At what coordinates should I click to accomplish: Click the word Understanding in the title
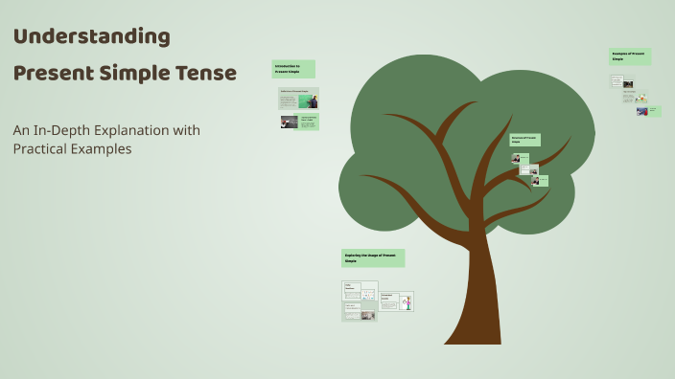point(92,37)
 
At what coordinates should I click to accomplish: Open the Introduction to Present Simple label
point(293,69)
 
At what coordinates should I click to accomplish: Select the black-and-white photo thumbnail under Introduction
point(289,123)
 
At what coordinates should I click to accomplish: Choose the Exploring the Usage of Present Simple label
point(373,258)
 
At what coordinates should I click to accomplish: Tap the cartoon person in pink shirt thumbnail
point(407,302)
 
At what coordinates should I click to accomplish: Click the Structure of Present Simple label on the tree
point(524,140)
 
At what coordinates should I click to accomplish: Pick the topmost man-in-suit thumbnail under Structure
point(516,158)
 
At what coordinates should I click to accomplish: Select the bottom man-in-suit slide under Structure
point(539,180)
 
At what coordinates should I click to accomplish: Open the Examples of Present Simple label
point(630,57)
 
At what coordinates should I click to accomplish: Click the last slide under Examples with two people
point(647,111)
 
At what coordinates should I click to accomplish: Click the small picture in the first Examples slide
point(628,83)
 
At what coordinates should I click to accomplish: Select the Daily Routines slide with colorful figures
point(360,291)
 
